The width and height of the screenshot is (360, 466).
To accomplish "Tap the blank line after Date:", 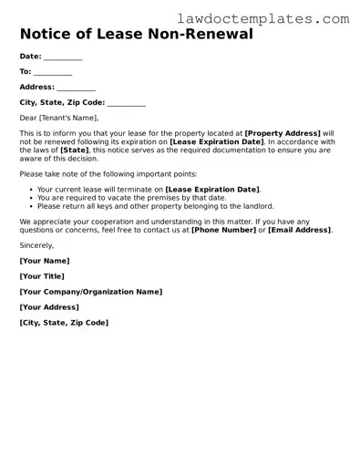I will pos(63,57).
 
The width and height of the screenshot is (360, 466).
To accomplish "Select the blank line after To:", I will pos(53,71).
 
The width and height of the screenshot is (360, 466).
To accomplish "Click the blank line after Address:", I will pos(77,87).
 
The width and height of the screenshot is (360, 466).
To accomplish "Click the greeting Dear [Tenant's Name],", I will pos(58,118).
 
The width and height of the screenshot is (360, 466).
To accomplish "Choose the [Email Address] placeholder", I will pos(299,230).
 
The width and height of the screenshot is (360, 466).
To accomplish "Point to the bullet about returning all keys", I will pos(155,206).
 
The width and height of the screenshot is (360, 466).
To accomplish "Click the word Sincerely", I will pos(36,245).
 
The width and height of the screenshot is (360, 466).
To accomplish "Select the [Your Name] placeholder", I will pos(44,261).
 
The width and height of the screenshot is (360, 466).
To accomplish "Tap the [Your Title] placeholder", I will pos(43,276).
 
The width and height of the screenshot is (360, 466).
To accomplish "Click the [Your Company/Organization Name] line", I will pos(90,292).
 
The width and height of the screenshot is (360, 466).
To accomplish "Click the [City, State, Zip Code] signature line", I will pos(64,323).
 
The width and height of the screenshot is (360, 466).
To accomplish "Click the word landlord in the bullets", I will pos(256,206).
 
